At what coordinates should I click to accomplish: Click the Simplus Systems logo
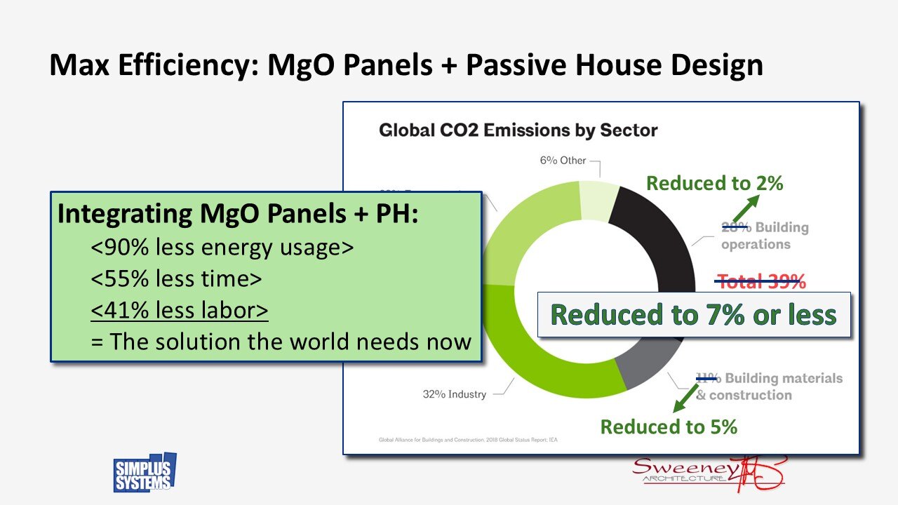coord(145,473)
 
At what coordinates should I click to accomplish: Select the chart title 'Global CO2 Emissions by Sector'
coord(518,130)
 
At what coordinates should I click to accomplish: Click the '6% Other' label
coord(563,161)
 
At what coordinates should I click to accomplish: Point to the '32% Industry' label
coord(455,394)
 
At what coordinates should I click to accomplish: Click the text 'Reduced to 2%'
coord(714,184)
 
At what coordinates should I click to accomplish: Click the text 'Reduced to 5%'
coord(669,426)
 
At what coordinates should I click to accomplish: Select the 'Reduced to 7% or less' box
coord(694,315)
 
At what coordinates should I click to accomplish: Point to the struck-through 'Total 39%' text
coord(760,282)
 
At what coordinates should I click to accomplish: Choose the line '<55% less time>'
coord(176,279)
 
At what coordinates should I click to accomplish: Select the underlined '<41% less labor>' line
coord(180,310)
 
